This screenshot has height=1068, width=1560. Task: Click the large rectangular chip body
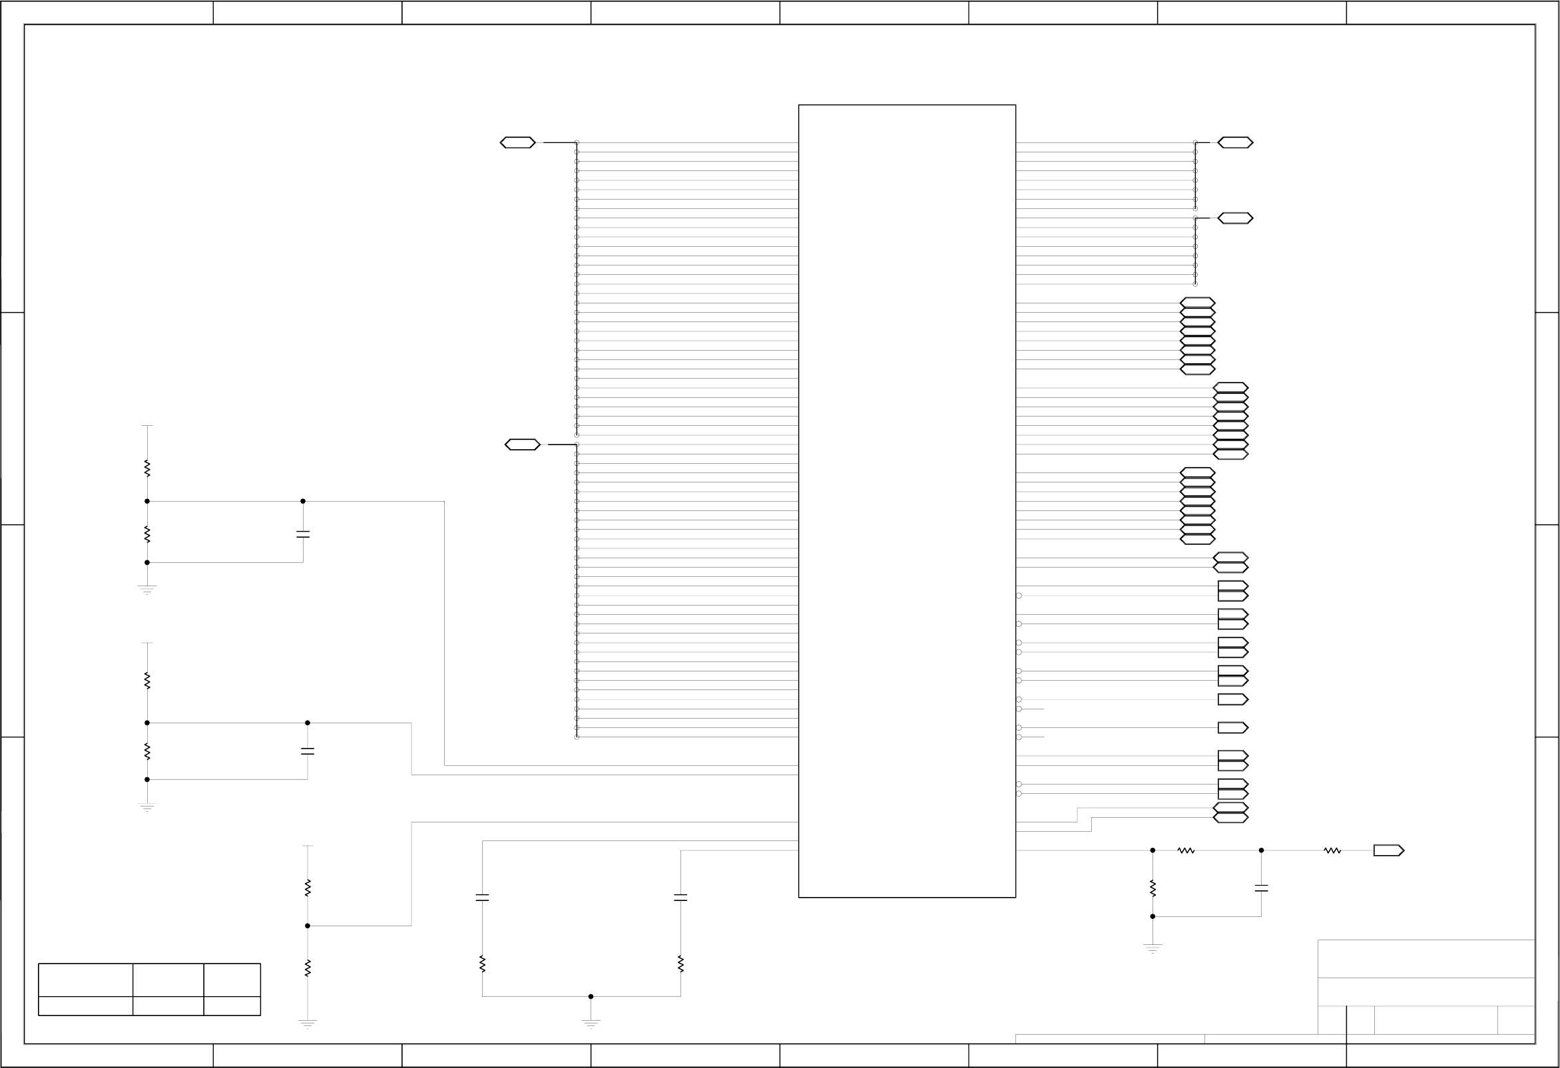906,500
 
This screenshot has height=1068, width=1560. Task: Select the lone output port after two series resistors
1388,850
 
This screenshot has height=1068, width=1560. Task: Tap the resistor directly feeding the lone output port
1332,850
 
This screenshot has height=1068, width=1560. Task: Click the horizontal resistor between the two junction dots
1185,850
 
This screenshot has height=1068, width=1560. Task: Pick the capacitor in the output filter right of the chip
1261,888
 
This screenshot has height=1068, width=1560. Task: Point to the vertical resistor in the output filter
1153,888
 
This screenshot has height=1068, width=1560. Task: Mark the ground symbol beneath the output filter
1153,948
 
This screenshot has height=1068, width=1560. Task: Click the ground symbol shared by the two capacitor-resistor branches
591,1023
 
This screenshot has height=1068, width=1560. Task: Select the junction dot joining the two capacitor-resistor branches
591,997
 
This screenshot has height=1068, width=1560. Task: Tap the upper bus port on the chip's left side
517,143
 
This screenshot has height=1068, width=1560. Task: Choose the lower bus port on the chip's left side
522,445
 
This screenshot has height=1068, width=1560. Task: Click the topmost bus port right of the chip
1235,143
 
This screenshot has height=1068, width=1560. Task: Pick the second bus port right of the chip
1235,218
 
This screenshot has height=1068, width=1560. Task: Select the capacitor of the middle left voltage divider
308,752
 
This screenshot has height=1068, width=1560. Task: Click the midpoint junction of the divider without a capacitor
308,926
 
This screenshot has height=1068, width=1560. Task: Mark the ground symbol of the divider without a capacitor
308,1024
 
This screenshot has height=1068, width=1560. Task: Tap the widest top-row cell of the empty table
85,980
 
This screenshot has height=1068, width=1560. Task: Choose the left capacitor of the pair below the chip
482,898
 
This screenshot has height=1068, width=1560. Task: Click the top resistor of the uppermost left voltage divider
147,468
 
